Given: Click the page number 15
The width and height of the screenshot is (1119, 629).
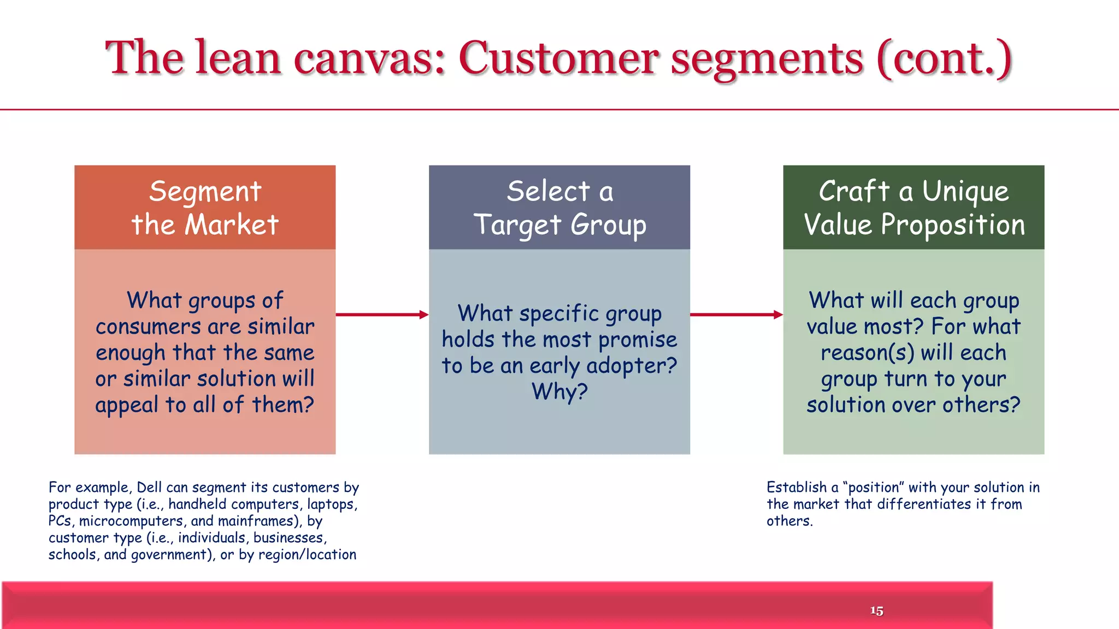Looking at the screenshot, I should pos(876,610).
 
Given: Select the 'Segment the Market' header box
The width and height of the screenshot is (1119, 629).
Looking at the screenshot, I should pos(205,207).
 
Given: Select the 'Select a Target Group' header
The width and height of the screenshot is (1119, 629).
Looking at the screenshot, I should pos(559,207).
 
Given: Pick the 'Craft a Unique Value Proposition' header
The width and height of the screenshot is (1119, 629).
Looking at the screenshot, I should pos(914,207).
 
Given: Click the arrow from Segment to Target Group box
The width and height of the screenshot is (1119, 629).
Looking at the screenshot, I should pos(382,314).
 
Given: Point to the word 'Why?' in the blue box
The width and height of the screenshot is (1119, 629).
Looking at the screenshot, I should pos(559,391).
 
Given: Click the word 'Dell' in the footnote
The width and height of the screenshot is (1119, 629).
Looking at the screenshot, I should pos(149,487).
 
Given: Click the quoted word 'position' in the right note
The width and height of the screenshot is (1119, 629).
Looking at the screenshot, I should pos(874,487).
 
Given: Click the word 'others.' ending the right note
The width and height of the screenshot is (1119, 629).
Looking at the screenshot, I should pos(790,521).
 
